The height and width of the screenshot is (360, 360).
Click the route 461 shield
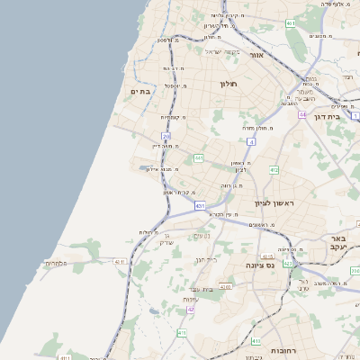coord(290,22)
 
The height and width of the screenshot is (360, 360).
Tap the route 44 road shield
coord(303,115)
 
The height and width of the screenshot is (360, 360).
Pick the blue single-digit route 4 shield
coord(251,141)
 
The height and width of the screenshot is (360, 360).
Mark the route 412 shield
coord(274,169)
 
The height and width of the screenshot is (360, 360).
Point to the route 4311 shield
coord(119,262)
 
